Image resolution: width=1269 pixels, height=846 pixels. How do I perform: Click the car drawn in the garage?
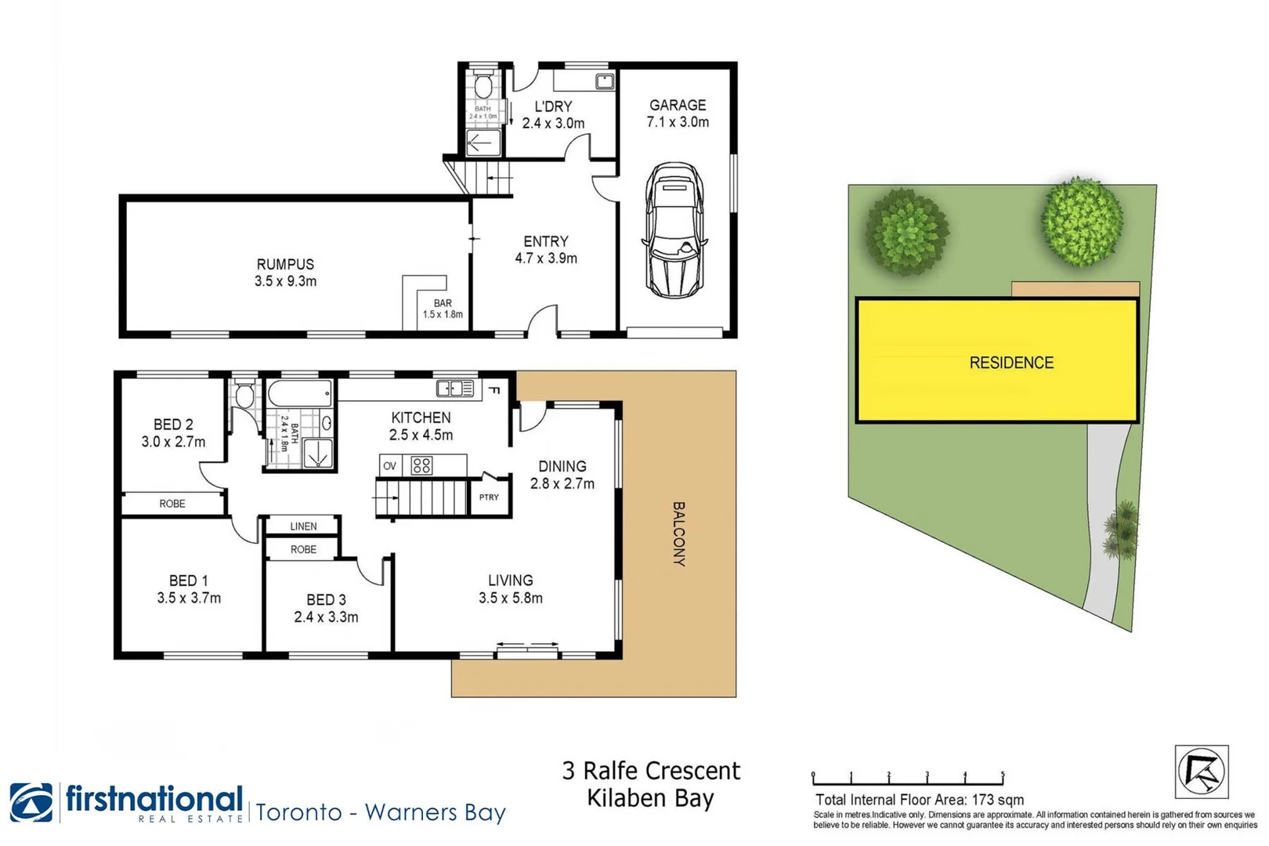(x=674, y=230)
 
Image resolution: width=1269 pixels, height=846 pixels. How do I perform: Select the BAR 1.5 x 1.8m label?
(x=443, y=309)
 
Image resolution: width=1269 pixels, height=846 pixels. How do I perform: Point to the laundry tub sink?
(x=604, y=81)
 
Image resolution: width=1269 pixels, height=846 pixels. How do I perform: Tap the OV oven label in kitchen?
(x=389, y=466)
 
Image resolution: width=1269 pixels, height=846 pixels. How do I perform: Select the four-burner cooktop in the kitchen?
(x=421, y=466)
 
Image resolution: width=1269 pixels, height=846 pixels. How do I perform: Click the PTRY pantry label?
(x=489, y=497)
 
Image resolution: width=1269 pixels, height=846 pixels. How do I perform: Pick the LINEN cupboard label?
(x=303, y=526)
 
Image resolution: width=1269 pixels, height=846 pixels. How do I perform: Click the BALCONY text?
(x=678, y=533)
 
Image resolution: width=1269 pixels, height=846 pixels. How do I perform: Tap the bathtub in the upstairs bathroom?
(x=300, y=393)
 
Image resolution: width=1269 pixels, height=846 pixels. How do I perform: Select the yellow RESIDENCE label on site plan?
(x=1010, y=363)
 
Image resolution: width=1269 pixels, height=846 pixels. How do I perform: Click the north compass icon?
(x=1201, y=772)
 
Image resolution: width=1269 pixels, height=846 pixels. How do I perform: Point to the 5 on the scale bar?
(x=1002, y=775)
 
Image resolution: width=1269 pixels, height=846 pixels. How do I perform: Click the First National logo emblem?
(x=31, y=802)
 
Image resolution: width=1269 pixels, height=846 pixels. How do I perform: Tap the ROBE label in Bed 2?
(x=172, y=504)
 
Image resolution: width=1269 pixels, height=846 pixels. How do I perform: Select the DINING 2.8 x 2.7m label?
(x=562, y=475)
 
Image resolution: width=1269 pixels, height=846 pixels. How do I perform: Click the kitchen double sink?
(x=455, y=389)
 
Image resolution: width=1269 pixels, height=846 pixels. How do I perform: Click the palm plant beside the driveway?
(x=1122, y=530)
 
